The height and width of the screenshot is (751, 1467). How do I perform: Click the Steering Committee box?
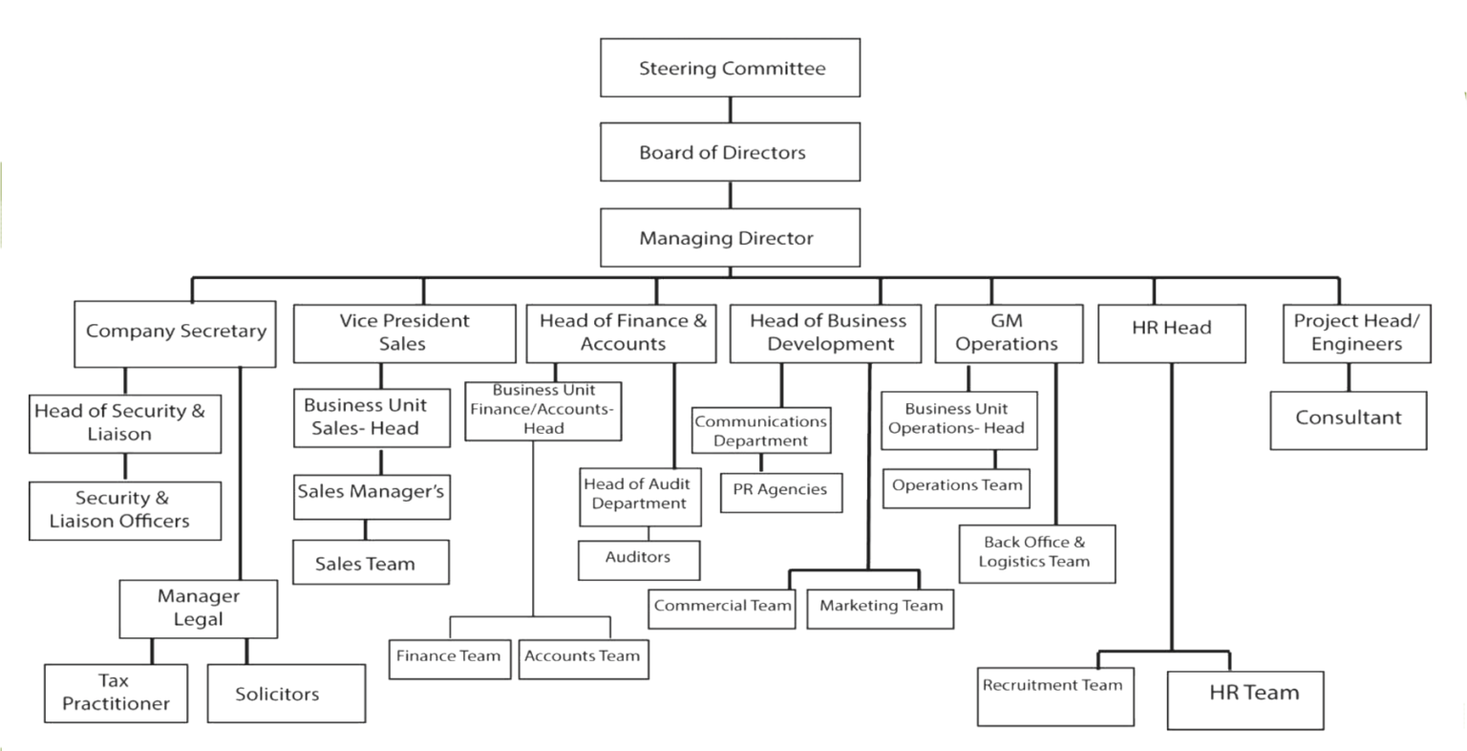click(730, 68)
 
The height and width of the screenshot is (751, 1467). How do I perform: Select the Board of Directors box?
click(730, 153)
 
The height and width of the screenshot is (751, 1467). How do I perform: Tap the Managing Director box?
click(730, 237)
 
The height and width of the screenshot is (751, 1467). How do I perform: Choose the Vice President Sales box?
click(403, 333)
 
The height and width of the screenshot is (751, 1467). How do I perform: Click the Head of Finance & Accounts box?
click(622, 333)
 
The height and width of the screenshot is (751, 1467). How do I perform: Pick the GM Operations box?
click(1008, 333)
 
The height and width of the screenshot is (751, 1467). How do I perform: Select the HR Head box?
click(1171, 333)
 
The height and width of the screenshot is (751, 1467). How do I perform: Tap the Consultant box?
click(1349, 419)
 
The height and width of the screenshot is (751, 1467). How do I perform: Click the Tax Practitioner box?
click(116, 694)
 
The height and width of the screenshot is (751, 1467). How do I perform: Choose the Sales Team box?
click(371, 563)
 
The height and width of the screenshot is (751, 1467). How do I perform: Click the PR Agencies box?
click(781, 491)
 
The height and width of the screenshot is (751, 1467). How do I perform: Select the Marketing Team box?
click(881, 607)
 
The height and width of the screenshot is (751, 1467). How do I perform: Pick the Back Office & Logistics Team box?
click(1036, 553)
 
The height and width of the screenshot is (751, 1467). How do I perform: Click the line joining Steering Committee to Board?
click(730, 110)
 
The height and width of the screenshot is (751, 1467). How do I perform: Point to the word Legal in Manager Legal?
click(199, 620)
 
